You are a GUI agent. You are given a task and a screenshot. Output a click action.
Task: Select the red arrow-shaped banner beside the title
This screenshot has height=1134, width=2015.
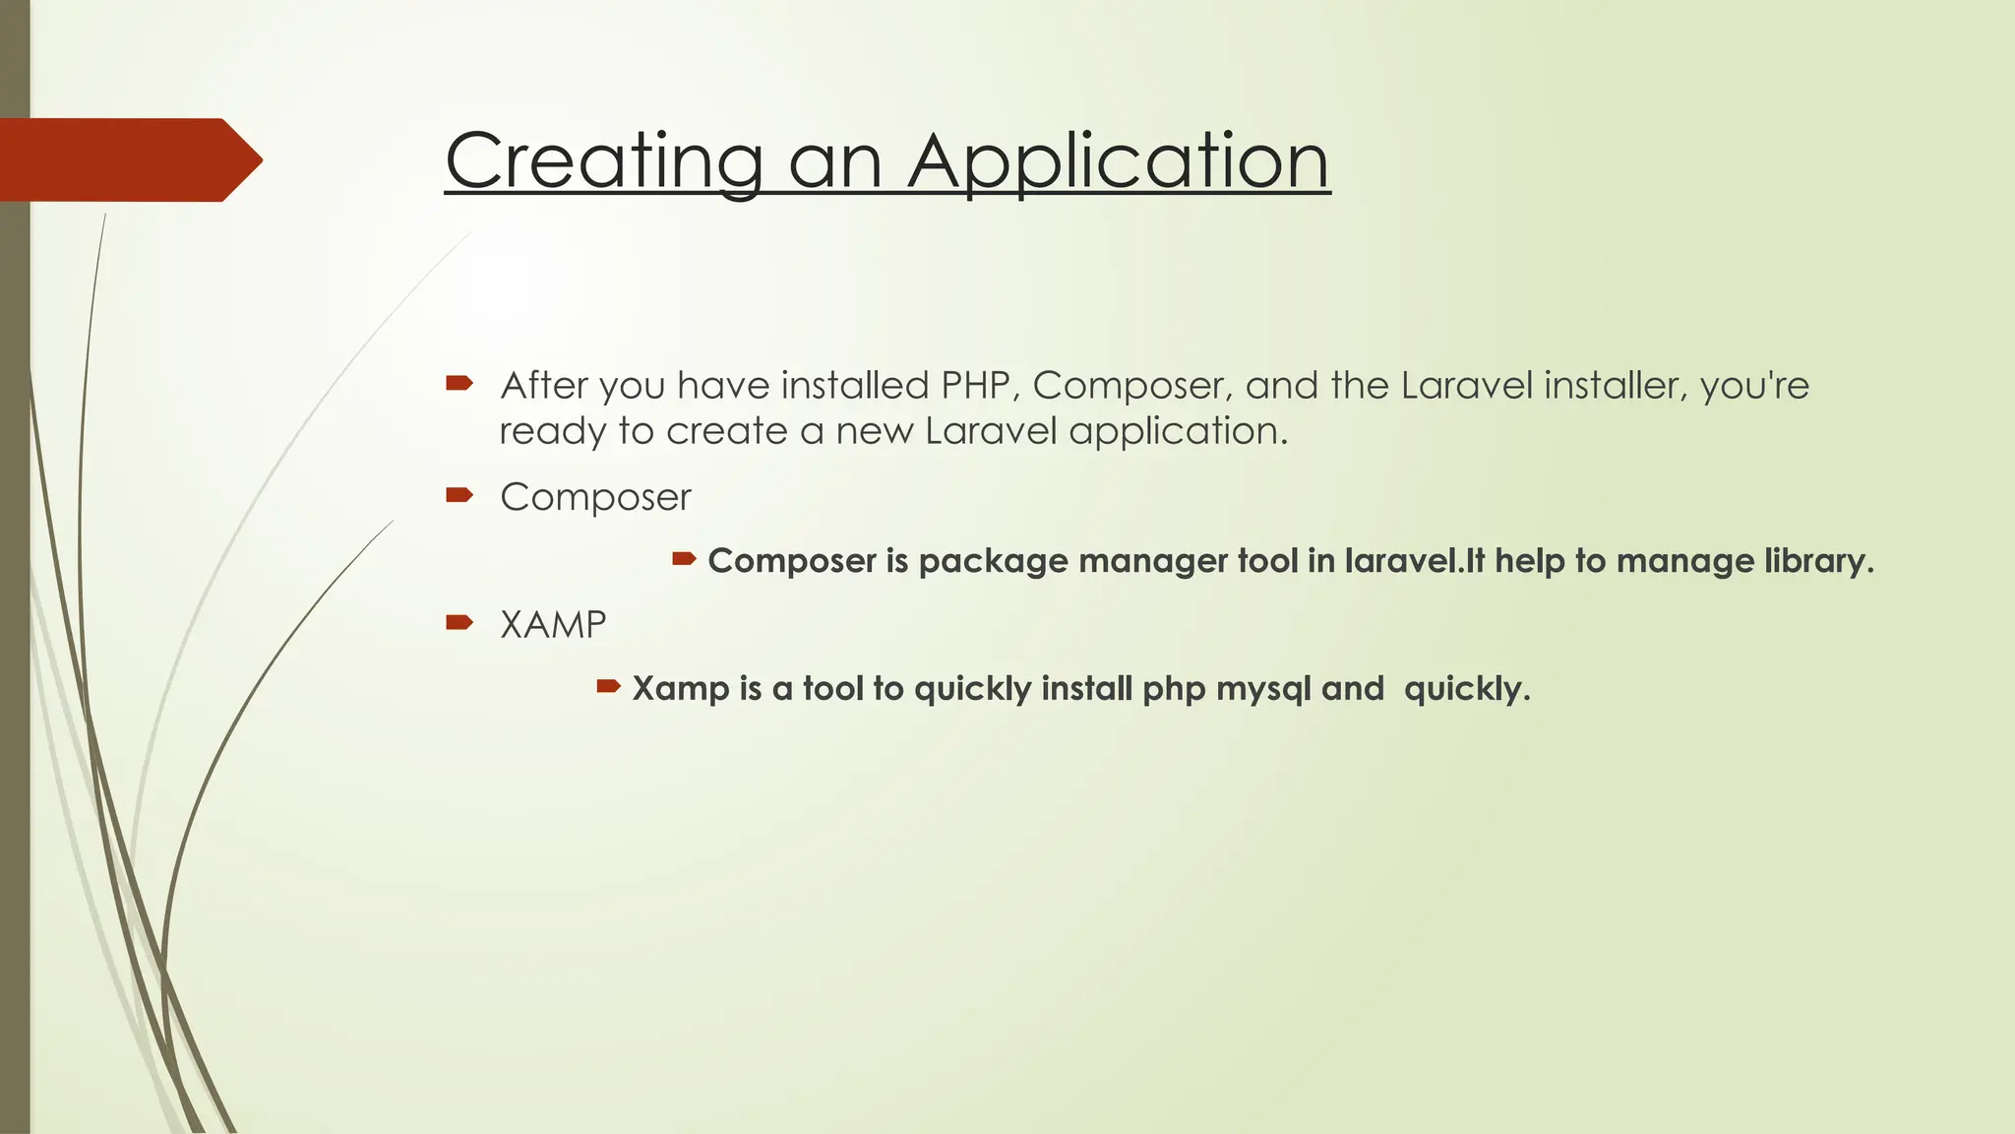[x=128, y=159]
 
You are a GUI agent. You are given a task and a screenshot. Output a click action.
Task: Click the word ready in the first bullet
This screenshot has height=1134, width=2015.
[x=552, y=432]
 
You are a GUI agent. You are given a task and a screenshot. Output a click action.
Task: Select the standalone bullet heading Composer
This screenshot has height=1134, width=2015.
[x=595, y=497]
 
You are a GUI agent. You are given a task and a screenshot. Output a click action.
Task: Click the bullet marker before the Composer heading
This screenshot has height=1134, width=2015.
[x=459, y=494]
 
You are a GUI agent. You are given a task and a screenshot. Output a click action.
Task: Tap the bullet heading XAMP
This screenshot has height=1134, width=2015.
[x=553, y=624]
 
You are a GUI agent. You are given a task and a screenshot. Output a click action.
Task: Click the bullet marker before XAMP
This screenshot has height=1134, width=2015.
[x=459, y=621]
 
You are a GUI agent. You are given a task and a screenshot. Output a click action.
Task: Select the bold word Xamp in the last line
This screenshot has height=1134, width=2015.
[x=679, y=688]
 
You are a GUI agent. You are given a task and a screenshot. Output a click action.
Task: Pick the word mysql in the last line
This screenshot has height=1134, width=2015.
[x=1263, y=688]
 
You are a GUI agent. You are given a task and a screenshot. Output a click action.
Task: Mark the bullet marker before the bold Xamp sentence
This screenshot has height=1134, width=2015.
[x=608, y=685]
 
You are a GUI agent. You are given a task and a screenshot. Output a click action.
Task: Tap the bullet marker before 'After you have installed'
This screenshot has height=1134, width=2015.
[x=459, y=383]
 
